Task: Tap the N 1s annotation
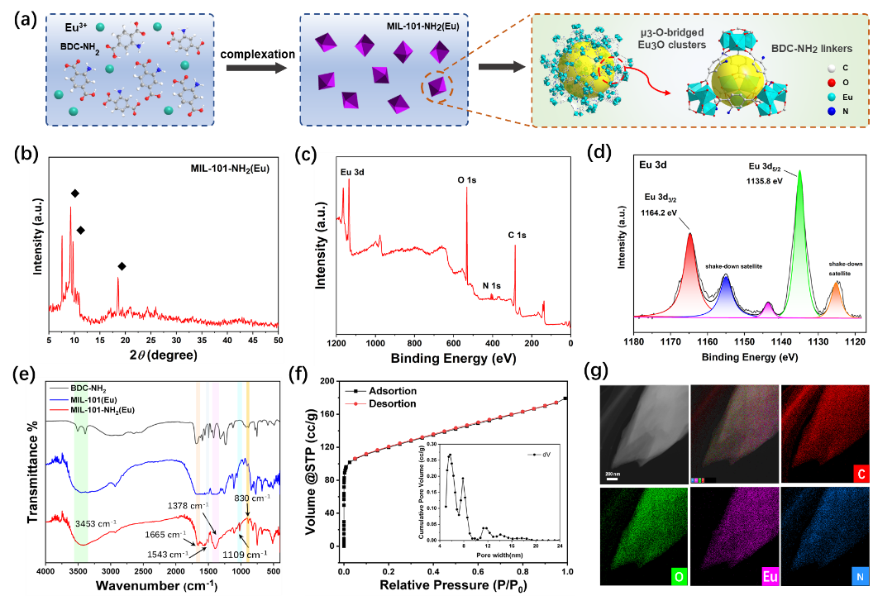(493, 286)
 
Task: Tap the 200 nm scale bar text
(613, 471)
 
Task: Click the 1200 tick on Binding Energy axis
(336, 341)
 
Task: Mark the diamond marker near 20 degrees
(122, 266)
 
